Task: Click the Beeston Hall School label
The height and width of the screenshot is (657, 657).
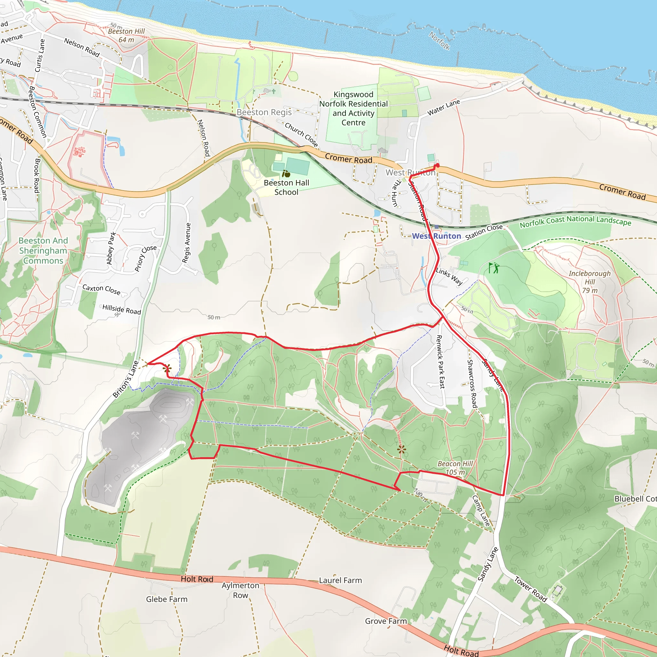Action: click(286, 187)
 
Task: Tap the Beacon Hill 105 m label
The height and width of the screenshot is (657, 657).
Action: click(455, 468)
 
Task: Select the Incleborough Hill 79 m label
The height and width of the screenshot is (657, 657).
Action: click(590, 282)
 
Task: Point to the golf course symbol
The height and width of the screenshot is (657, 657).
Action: click(494, 268)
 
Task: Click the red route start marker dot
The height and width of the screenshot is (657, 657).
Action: click(437, 166)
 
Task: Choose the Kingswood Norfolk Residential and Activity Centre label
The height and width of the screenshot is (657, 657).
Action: click(353, 108)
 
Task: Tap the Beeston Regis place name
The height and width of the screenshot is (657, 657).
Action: click(264, 112)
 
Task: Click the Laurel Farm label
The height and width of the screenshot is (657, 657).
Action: click(340, 580)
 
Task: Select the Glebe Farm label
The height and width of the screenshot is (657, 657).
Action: click(166, 599)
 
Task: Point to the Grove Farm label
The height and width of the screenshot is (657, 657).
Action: click(386, 621)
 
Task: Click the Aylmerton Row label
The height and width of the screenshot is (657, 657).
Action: click(240, 590)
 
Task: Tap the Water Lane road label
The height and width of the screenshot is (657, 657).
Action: click(443, 107)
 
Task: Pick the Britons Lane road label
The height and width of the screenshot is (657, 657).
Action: click(126, 379)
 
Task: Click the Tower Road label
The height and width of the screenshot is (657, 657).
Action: click(531, 589)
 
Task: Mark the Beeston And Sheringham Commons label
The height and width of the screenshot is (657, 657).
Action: click(43, 251)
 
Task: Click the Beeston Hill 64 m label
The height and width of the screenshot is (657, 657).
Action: click(126, 35)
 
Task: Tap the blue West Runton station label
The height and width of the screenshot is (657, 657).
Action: click(436, 236)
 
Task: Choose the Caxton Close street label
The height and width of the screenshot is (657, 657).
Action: click(101, 289)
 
